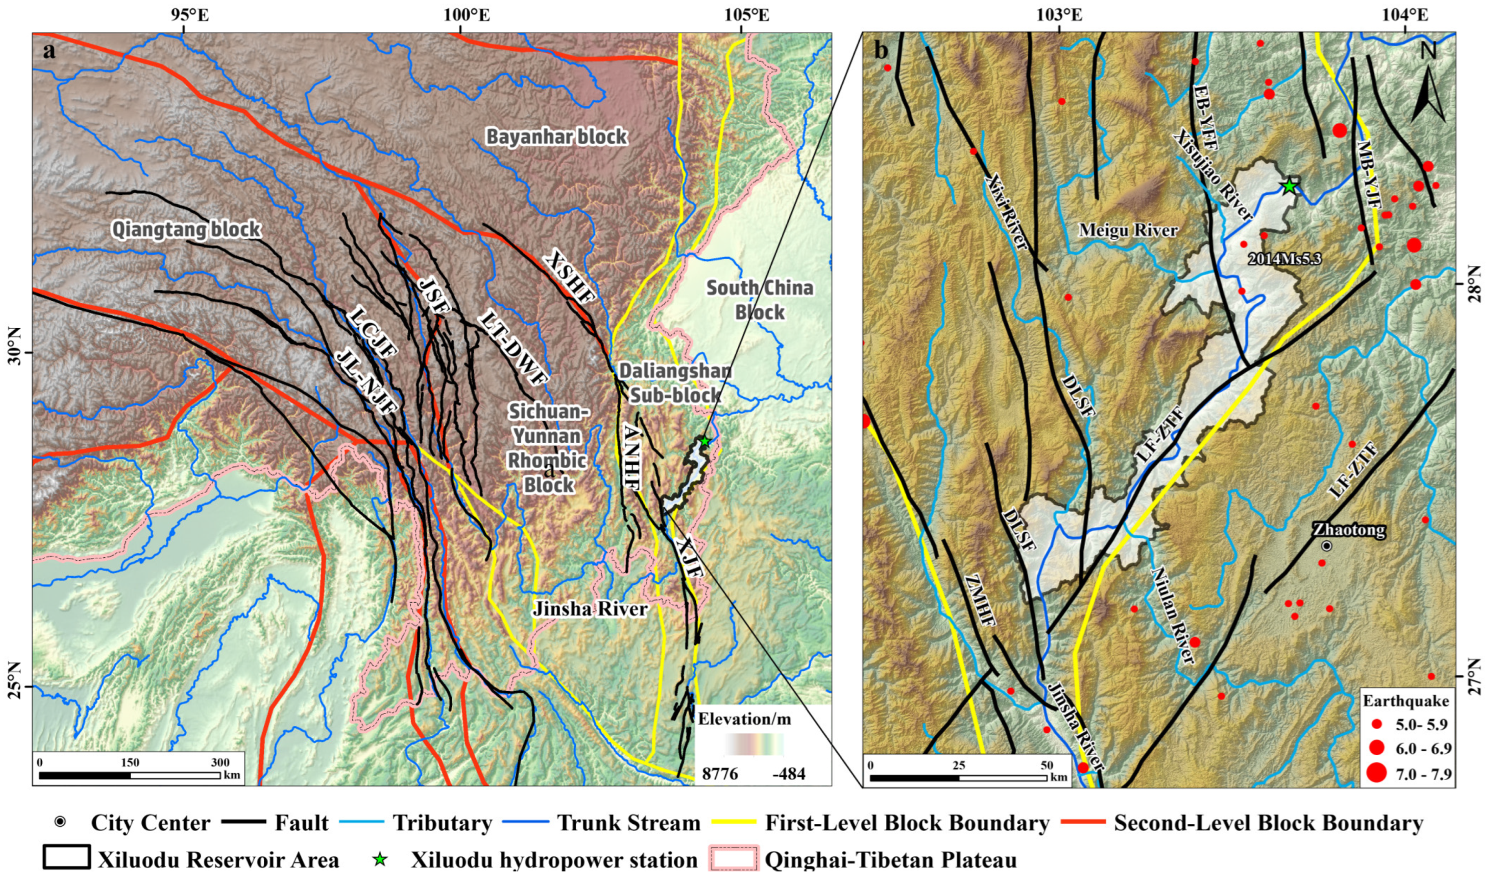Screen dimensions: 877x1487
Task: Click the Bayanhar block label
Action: coord(556,137)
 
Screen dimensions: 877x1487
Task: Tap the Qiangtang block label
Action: coord(186,229)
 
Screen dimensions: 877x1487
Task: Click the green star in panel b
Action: coord(1289,187)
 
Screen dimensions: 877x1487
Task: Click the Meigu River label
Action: coord(1128,230)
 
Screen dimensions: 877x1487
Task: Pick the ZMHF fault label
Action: coord(982,600)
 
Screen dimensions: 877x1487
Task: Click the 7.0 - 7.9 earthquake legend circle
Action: coord(1377,772)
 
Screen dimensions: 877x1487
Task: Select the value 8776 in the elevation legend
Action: coord(720,773)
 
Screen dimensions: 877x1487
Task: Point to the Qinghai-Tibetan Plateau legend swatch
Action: coord(732,859)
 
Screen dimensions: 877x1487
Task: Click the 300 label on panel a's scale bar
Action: coord(221,762)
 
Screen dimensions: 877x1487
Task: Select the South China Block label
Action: coord(760,300)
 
